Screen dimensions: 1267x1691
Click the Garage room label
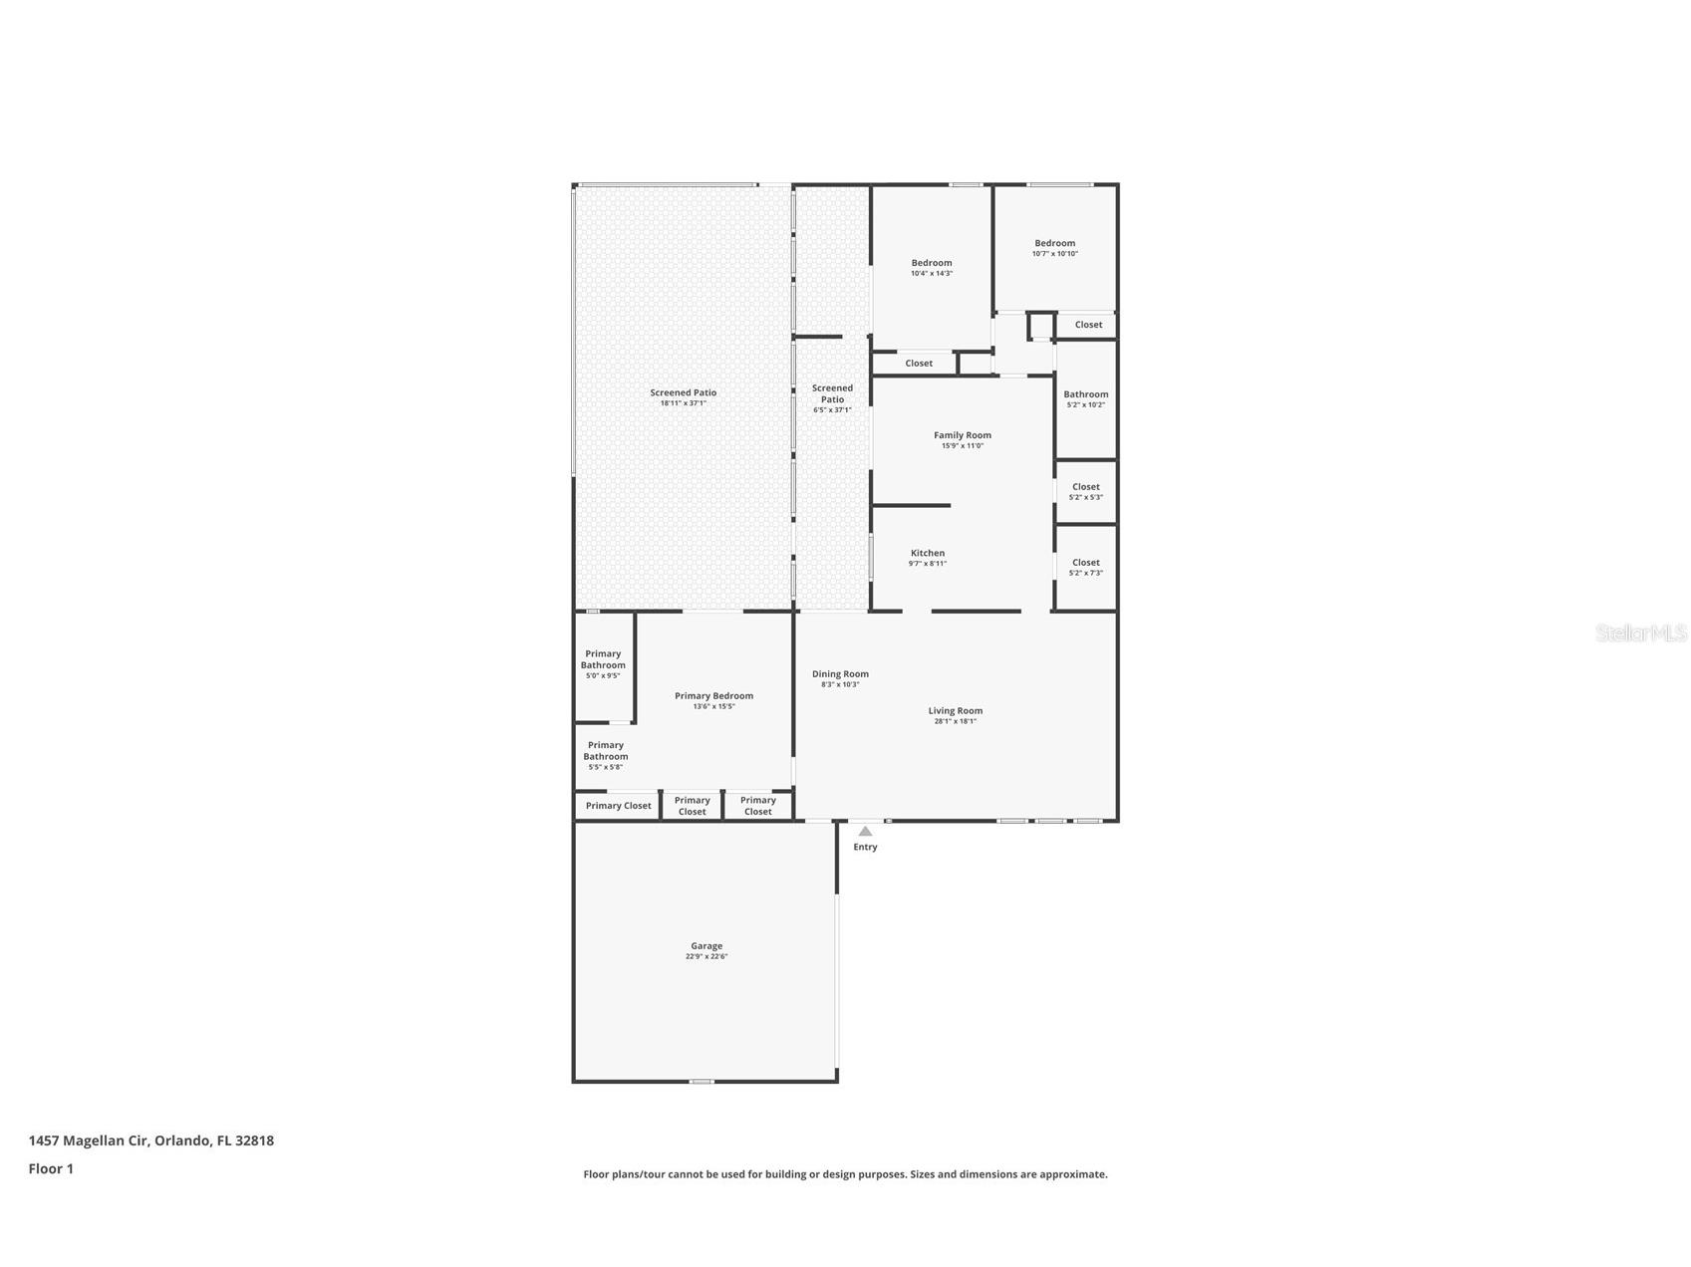click(x=705, y=946)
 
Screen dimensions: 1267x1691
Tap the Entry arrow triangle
click(x=865, y=832)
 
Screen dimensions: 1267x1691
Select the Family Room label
click(x=962, y=435)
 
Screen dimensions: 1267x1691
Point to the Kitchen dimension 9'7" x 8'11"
click(x=927, y=564)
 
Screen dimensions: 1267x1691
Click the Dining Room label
click(x=840, y=674)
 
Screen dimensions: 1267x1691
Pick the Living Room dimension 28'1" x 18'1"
click(x=955, y=721)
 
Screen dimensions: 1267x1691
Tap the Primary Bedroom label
click(x=713, y=696)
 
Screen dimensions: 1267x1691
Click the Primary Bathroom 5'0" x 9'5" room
click(x=603, y=664)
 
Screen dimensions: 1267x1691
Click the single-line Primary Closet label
click(x=618, y=806)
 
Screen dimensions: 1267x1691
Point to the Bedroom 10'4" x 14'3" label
click(x=931, y=263)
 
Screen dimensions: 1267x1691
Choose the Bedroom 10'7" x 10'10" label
click(x=1054, y=243)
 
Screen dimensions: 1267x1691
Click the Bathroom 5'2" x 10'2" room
click(x=1085, y=398)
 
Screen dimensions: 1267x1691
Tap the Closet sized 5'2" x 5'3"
click(x=1085, y=491)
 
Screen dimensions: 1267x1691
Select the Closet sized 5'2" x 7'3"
click(x=1085, y=567)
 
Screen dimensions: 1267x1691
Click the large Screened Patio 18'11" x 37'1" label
click(x=683, y=392)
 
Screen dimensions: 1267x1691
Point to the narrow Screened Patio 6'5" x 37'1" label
click(x=832, y=394)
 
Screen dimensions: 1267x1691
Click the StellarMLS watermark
click(x=1640, y=633)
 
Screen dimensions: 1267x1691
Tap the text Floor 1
click(x=51, y=1169)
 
